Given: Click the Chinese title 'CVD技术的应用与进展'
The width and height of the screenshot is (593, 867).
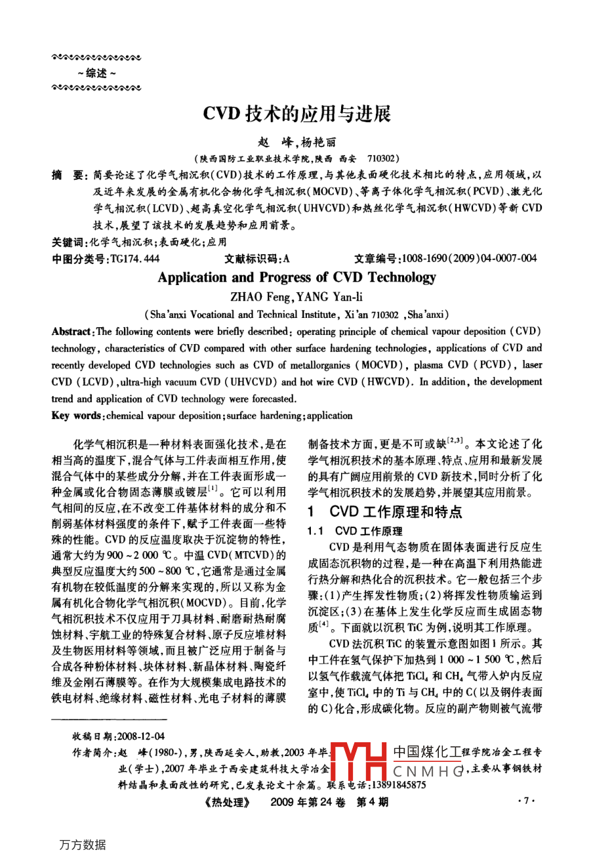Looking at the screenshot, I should pos(296,114).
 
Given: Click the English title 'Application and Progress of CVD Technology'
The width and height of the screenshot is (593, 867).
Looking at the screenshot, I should pos(296,277).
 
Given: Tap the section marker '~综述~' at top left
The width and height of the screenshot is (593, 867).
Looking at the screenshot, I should pos(96,74).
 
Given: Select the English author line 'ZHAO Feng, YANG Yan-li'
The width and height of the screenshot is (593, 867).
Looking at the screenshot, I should pos(296,296).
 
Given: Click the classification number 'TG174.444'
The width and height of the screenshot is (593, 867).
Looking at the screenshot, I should pos(135,259).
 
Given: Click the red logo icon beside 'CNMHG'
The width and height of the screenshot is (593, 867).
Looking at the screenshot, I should pos(359,762).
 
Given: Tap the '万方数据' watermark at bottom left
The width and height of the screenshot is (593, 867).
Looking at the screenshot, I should pos(82,845).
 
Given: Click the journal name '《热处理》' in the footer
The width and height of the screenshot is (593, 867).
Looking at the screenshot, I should pos(227,802).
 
